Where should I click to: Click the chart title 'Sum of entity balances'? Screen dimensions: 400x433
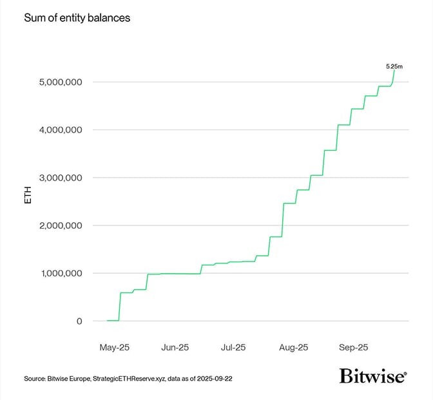click(x=77, y=18)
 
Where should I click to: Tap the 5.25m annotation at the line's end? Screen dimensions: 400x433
click(x=395, y=66)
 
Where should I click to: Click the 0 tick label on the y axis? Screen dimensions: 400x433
click(x=79, y=321)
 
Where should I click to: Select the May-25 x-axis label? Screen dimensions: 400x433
click(x=115, y=347)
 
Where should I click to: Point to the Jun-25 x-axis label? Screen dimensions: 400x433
click(x=175, y=347)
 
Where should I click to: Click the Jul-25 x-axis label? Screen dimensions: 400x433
click(x=233, y=347)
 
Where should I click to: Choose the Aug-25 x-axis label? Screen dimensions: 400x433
click(x=294, y=347)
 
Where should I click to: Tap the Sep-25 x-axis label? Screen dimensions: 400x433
click(x=354, y=347)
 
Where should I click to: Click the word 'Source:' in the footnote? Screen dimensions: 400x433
click(x=36, y=379)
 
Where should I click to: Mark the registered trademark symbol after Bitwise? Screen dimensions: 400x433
click(x=405, y=372)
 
